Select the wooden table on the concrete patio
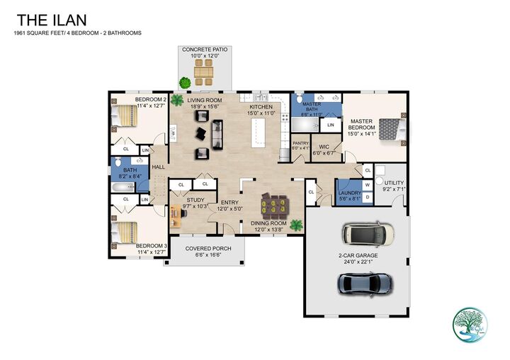coord(204,72)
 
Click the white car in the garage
coord(367,233)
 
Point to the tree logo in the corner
coord(469,324)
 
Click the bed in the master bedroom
coord(390,129)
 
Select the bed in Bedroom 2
coord(127,115)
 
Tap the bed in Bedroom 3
coord(128,232)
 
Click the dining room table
coord(274,206)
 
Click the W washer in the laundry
coord(367,186)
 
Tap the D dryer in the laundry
coord(367,197)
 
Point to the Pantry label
coord(301,145)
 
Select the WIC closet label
coord(324,149)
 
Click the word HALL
coord(158,167)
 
